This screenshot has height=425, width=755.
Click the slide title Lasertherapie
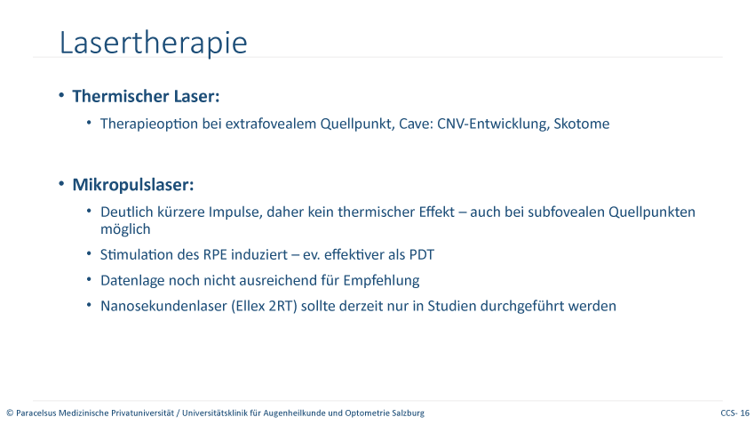coord(153,44)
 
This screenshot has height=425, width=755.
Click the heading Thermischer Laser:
coord(146,96)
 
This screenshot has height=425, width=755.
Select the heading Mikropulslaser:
coord(133,185)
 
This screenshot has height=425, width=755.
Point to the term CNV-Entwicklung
coord(493,124)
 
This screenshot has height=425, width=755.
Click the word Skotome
coord(582,124)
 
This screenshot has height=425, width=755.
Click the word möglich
coord(125,229)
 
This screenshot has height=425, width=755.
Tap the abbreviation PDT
coord(422,254)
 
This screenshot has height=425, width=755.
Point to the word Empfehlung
coord(381,280)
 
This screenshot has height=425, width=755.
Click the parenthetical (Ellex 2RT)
coord(264,306)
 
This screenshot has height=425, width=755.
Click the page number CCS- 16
coord(735,413)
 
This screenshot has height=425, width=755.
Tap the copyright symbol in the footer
coord(10,413)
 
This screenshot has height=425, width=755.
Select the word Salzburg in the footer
coord(409,413)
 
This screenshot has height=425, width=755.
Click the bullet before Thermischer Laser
coord(61,95)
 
